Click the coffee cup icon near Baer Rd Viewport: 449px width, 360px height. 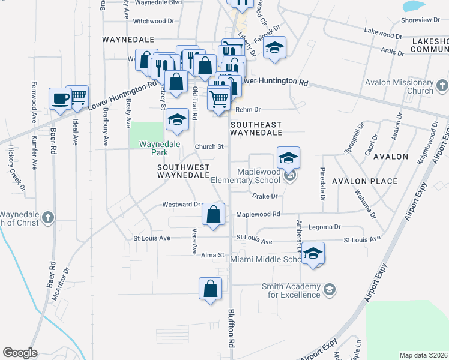[x=61, y=98]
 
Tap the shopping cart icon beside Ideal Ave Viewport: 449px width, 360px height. [x=77, y=96]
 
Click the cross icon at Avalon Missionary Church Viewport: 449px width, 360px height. [x=442, y=84]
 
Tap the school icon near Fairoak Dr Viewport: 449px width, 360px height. [x=274, y=47]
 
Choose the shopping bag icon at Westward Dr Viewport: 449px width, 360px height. [x=214, y=214]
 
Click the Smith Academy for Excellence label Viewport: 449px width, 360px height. [x=291, y=291]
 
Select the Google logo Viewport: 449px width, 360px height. [x=20, y=353]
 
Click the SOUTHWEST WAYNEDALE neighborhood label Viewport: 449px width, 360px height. [x=183, y=171]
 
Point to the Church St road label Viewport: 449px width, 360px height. [x=208, y=146]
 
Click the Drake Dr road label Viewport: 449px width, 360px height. [x=264, y=196]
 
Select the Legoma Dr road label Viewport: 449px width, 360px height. [x=325, y=227]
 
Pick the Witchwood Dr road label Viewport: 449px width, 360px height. [x=153, y=21]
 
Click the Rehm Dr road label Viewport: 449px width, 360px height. [x=248, y=109]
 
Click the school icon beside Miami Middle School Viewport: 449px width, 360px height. [x=313, y=253]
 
